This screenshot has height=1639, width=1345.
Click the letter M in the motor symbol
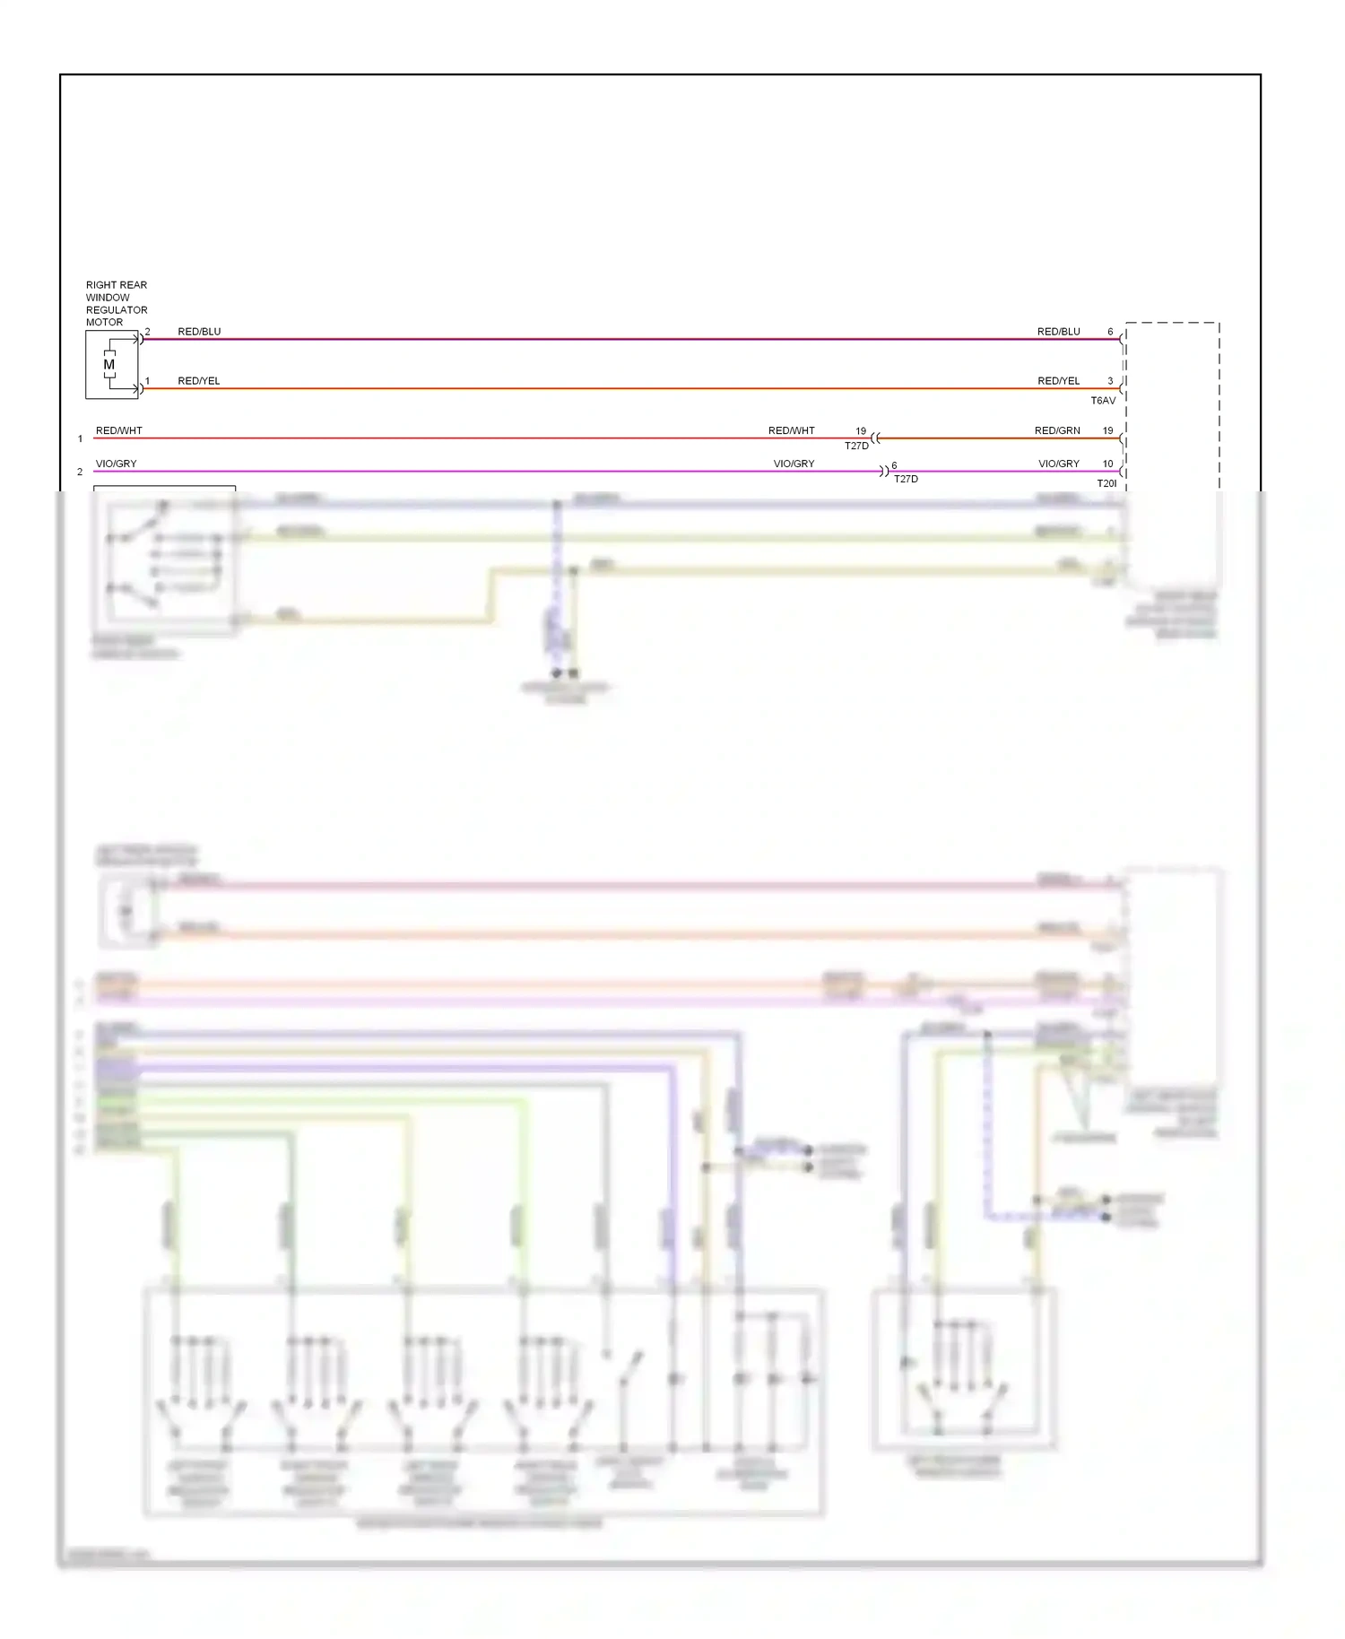pyautogui.click(x=109, y=365)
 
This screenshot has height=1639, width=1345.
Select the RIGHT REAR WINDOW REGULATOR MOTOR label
pyautogui.click(x=117, y=303)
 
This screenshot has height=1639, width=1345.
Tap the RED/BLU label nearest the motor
pyautogui.click(x=199, y=332)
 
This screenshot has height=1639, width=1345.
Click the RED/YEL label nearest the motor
pyautogui.click(x=198, y=381)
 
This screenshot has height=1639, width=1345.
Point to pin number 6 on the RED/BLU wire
pyautogui.click(x=1110, y=332)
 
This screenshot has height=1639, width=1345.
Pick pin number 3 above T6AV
pyautogui.click(x=1110, y=381)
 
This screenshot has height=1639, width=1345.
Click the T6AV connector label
pyautogui.click(x=1103, y=401)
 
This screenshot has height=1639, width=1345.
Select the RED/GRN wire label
pyautogui.click(x=1057, y=430)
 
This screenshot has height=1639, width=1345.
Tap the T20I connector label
pyautogui.click(x=1106, y=483)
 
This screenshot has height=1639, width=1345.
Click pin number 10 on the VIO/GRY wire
pyautogui.click(x=1107, y=464)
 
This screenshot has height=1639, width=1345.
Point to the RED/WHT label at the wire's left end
pyautogui.click(x=119, y=430)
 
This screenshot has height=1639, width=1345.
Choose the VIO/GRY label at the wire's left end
pyautogui.click(x=117, y=464)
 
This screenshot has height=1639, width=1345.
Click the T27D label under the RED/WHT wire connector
pyautogui.click(x=856, y=446)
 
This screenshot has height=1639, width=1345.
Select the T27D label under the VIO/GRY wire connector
pyautogui.click(x=906, y=479)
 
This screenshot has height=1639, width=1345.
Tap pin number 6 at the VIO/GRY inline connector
pyautogui.click(x=894, y=465)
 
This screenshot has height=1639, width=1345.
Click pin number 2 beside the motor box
pyautogui.click(x=148, y=332)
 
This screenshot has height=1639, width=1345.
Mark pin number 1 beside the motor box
pyautogui.click(x=148, y=381)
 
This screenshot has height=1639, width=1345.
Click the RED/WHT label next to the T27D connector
pyautogui.click(x=792, y=430)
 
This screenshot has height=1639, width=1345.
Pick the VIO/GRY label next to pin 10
pyautogui.click(x=1059, y=464)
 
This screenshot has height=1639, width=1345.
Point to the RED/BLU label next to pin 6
pyautogui.click(x=1059, y=332)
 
